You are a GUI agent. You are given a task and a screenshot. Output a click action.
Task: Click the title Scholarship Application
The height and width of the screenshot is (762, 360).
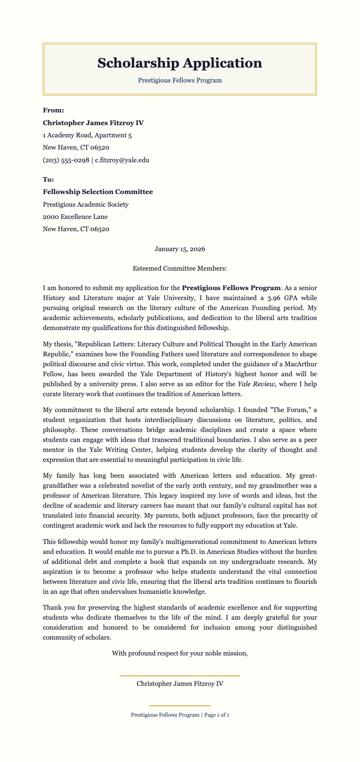(180, 63)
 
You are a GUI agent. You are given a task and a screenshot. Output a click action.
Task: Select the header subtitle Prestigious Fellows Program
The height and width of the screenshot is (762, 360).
(180, 80)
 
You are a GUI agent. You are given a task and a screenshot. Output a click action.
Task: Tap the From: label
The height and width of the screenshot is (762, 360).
(54, 110)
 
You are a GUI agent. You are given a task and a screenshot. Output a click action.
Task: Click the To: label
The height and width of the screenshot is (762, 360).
(48, 180)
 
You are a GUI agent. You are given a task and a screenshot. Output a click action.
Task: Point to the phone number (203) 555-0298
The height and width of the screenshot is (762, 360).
(66, 160)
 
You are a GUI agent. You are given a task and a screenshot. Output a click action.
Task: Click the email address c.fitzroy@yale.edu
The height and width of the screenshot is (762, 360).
(122, 160)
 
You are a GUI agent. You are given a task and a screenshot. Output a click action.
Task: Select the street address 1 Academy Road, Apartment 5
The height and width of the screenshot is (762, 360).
(87, 135)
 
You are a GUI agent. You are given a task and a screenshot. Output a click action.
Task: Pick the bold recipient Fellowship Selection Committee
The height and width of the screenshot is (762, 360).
(97, 192)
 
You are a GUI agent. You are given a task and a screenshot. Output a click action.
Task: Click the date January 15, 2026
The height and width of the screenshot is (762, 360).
(180, 249)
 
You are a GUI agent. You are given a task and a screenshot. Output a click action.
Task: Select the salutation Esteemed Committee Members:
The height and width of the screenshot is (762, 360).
(180, 268)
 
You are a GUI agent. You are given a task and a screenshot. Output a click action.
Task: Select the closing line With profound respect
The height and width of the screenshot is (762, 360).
(180, 653)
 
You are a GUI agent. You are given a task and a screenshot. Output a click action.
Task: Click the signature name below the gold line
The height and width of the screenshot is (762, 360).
(180, 684)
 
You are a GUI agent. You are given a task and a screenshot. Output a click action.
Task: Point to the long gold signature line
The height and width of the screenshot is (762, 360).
(180, 676)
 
